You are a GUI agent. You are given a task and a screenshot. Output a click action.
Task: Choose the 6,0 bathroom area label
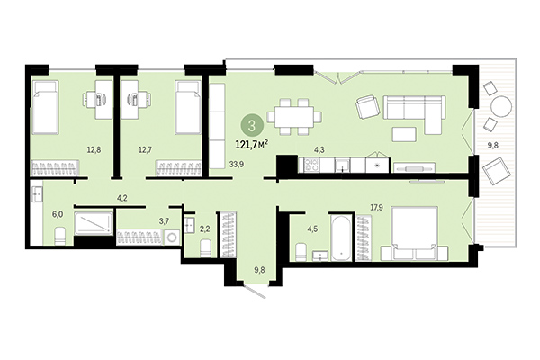58,215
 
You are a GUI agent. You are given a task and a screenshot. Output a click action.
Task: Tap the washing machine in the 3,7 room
170,238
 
